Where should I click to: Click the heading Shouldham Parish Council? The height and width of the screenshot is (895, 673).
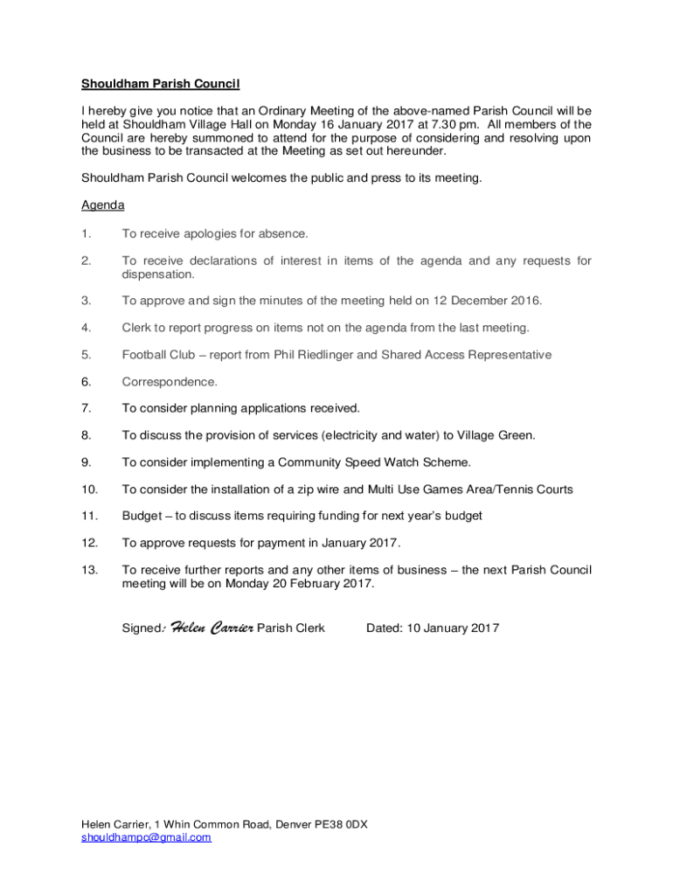coord(160,84)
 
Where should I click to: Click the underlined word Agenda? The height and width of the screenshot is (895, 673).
coord(102,205)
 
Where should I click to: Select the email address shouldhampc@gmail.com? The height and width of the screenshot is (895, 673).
coord(146,836)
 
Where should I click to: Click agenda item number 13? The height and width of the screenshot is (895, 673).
coord(89,570)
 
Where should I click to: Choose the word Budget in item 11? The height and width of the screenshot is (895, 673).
coord(142,516)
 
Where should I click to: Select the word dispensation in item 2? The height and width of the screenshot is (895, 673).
coord(158,274)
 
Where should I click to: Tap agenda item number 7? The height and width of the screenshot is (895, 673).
coord(86,408)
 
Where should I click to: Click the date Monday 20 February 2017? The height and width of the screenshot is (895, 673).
coord(299,583)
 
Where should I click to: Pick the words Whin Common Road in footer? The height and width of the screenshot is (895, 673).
coord(216,823)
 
